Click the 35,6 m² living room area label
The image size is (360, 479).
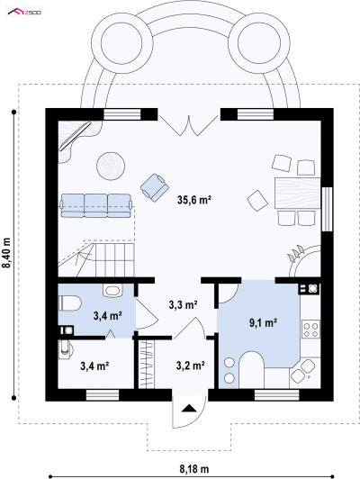(194, 200)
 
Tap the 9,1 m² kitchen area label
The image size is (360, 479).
(263, 322)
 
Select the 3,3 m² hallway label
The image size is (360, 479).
(183, 304)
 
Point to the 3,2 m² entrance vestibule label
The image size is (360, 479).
(190, 366)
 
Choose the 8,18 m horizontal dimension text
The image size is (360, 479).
(193, 468)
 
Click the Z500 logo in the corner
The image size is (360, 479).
(25, 12)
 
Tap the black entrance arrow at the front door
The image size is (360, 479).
(189, 409)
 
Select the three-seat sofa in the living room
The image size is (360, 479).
(96, 205)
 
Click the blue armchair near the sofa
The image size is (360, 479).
(155, 187)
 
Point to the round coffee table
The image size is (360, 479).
(111, 167)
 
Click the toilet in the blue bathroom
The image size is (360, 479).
(70, 303)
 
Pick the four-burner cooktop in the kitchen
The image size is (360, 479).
(310, 330)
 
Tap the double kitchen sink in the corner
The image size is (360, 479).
(303, 371)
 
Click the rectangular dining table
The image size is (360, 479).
(298, 193)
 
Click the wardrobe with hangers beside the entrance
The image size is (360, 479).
(146, 364)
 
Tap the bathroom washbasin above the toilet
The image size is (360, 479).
(112, 290)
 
